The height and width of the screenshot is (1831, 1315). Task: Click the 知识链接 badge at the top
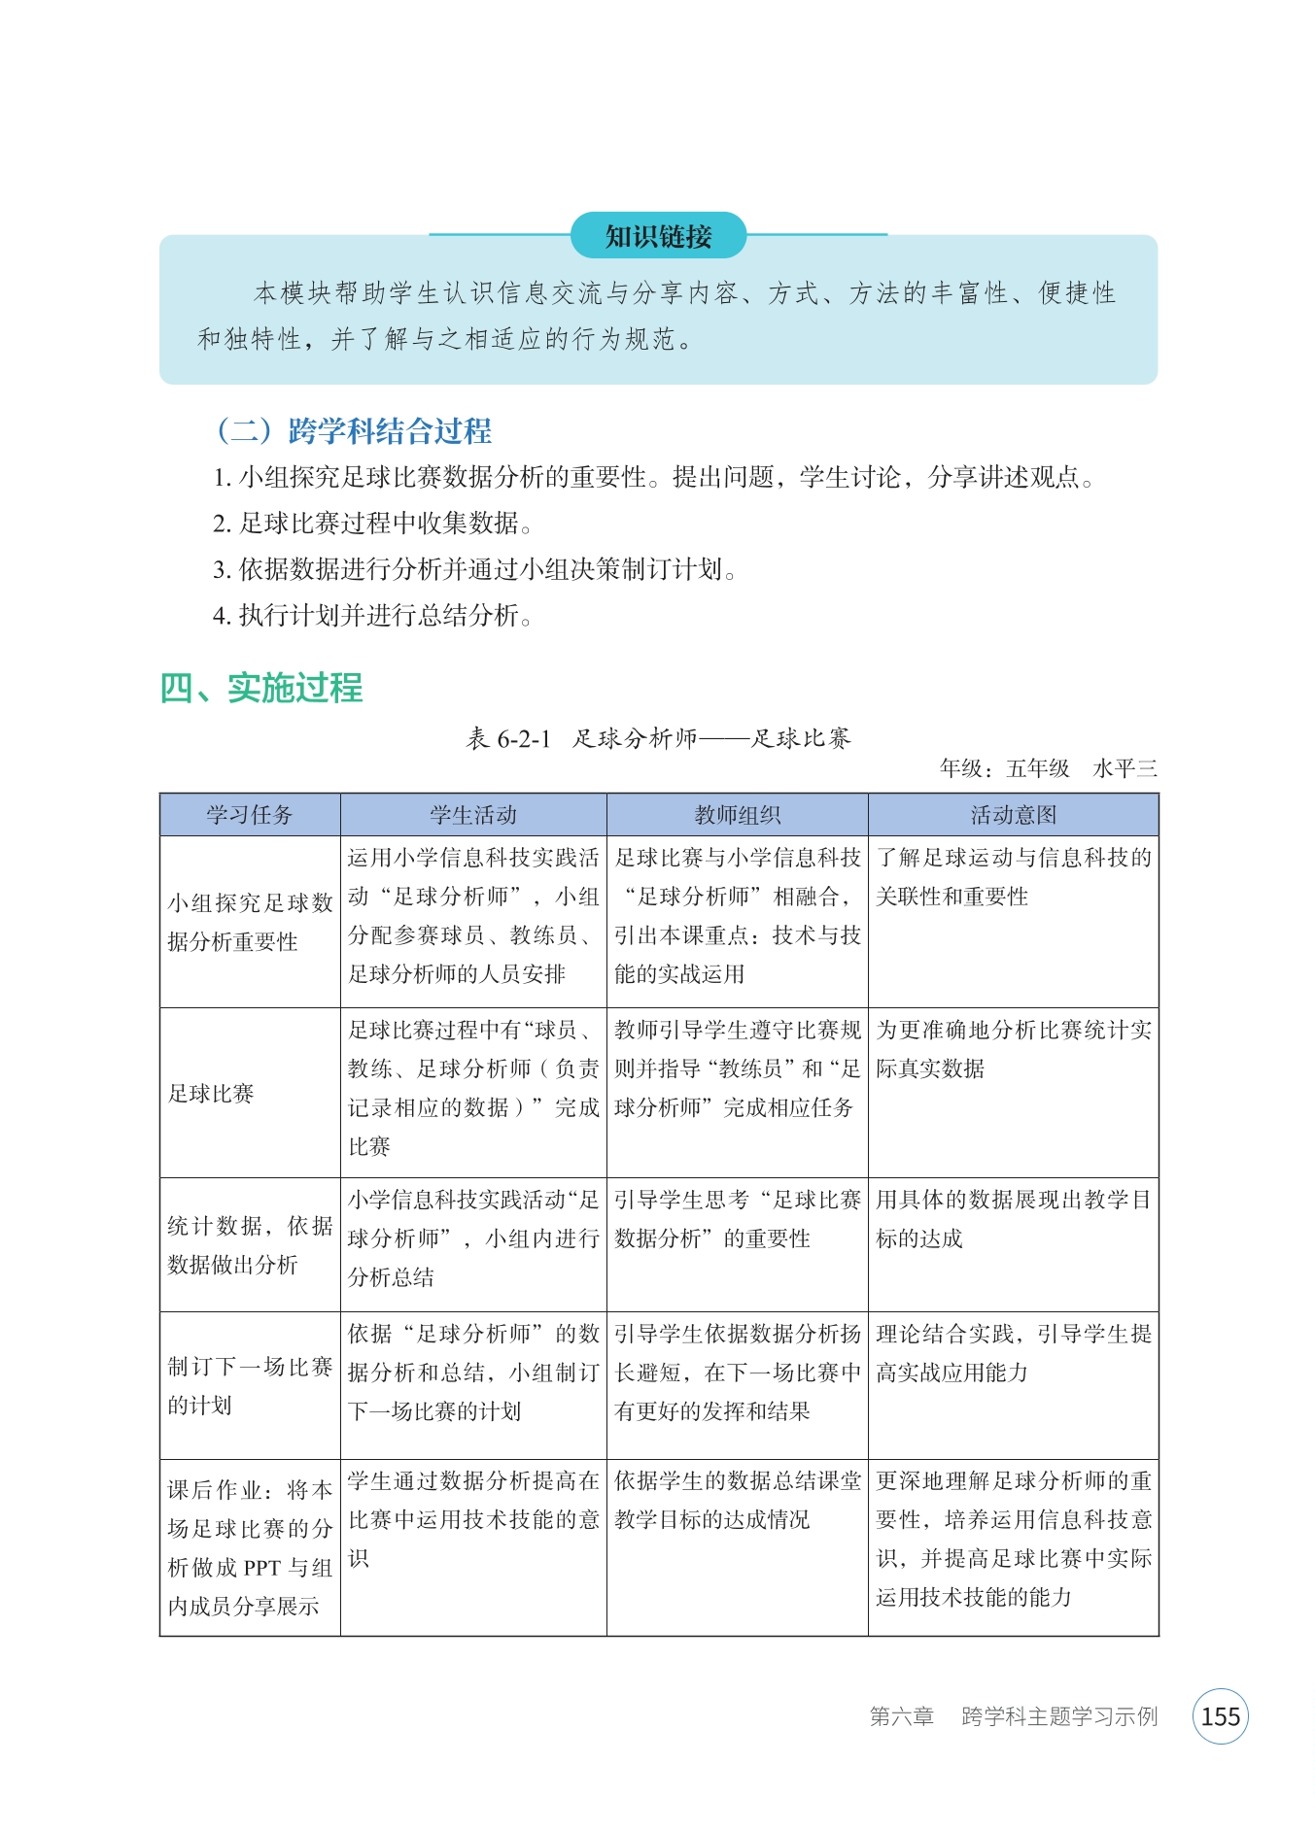[x=658, y=236]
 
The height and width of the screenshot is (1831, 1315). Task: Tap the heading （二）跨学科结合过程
[x=354, y=430]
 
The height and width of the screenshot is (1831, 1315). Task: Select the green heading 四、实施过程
[x=260, y=688]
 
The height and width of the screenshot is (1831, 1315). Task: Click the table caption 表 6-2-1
[x=508, y=738]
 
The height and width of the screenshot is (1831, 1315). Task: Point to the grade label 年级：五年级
[x=1004, y=768]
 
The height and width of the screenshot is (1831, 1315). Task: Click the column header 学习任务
[x=250, y=815]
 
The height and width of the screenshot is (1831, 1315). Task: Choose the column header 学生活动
[x=473, y=815]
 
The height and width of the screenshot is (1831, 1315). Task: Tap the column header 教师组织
[x=737, y=815]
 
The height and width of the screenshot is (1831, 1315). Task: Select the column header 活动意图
[x=1013, y=815]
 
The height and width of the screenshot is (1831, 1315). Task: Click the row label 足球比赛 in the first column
[x=211, y=1094]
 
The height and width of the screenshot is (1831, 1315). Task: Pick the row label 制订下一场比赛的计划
[x=250, y=1386]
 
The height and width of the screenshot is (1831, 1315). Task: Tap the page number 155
[x=1220, y=1716]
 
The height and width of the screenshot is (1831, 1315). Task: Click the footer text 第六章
[x=901, y=1716]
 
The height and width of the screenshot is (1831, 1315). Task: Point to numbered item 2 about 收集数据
[x=372, y=524]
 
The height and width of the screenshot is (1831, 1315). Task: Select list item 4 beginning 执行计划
[x=372, y=616]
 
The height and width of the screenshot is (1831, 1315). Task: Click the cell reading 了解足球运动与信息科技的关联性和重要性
[x=1013, y=877]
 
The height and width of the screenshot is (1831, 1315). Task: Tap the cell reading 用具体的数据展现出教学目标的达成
[x=1013, y=1219]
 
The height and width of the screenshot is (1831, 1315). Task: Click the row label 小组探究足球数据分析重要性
[x=250, y=922]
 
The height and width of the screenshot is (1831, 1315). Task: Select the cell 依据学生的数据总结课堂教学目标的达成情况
[x=737, y=1500]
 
